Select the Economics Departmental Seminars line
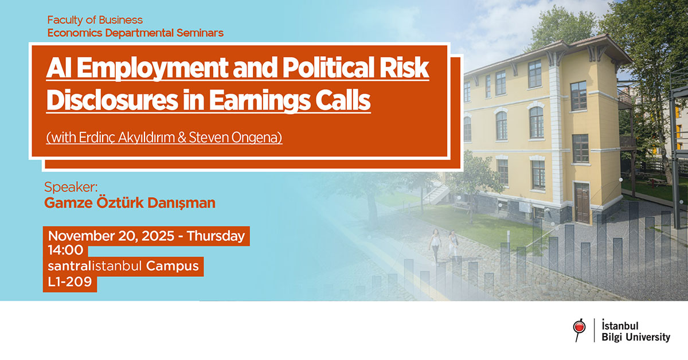point(135,33)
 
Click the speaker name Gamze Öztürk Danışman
point(130,203)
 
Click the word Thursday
point(216,236)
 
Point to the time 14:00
point(66,251)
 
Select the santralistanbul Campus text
point(123,267)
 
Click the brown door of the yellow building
point(581,202)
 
